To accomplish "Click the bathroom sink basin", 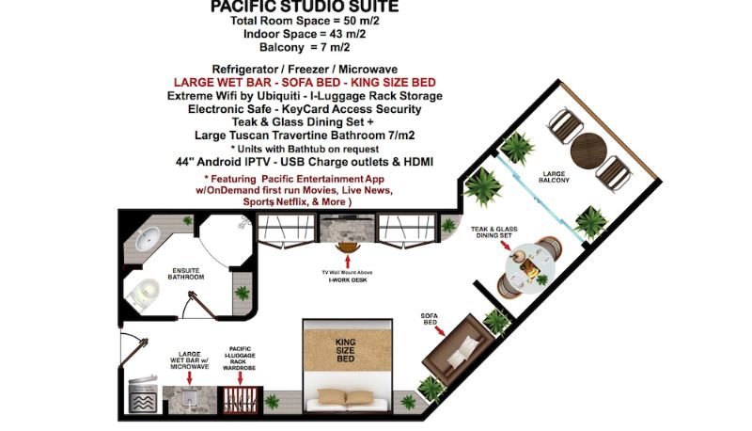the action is [148, 238].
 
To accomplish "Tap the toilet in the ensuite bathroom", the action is [143, 294].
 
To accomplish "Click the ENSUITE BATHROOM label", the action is [185, 274].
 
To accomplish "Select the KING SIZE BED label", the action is [345, 350].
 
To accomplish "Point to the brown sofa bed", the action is [457, 350].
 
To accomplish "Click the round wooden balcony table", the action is [589, 151].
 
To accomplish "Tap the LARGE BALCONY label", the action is [554, 177].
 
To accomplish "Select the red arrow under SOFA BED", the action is [441, 330].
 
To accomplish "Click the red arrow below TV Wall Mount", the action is [348, 262].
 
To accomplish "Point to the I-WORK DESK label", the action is [348, 279].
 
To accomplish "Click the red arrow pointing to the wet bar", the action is [190, 377].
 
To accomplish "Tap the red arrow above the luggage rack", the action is [241, 378].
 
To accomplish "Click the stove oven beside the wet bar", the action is [143, 395].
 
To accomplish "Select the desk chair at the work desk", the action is [348, 247].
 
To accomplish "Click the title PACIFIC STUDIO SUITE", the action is [305, 7].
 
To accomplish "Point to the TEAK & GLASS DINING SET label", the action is [494, 232].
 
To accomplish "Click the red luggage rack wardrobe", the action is [241, 400].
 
